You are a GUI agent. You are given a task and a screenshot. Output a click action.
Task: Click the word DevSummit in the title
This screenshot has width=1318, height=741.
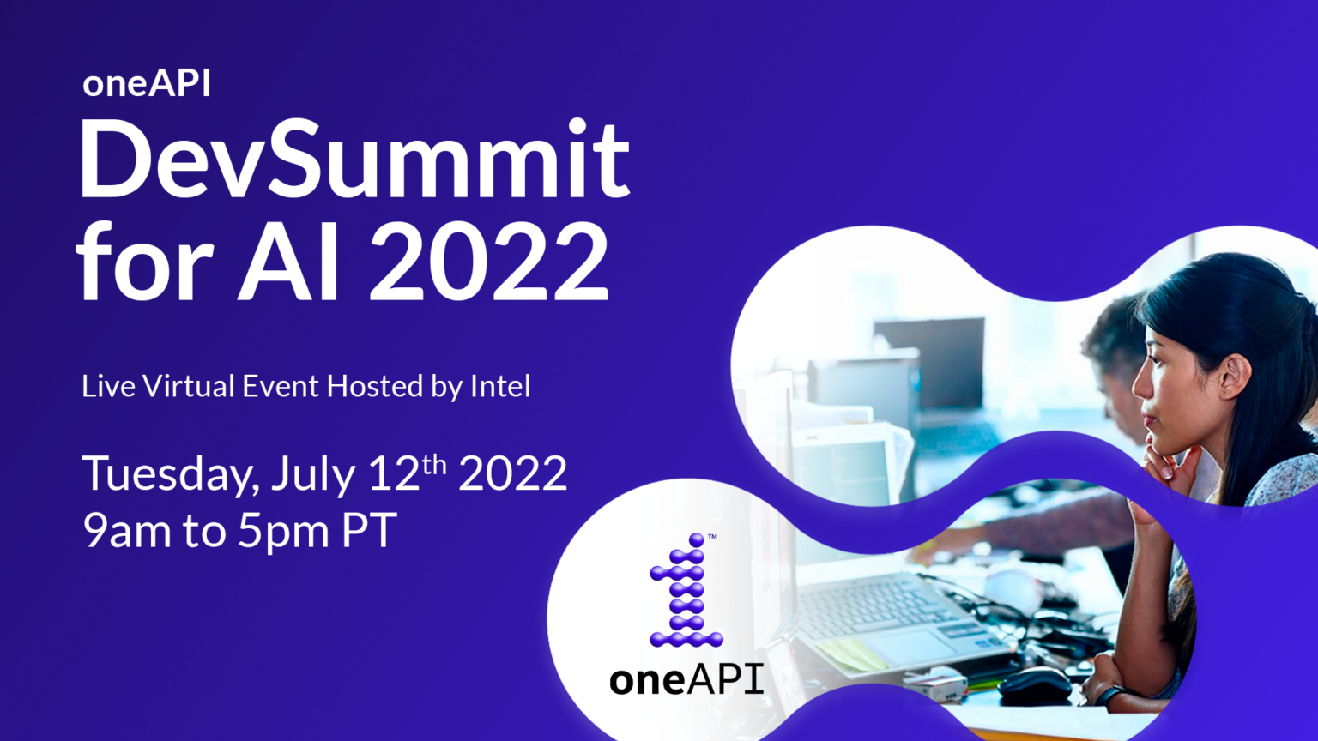click(x=354, y=160)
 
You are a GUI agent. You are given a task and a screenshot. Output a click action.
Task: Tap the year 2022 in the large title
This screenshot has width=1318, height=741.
click(x=489, y=262)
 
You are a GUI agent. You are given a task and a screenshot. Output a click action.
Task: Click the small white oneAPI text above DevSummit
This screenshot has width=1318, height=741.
click(x=147, y=84)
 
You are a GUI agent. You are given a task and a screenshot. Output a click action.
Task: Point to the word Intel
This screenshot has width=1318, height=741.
click(x=500, y=386)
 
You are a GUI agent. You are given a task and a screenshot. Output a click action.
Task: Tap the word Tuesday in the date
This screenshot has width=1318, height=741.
click(x=170, y=474)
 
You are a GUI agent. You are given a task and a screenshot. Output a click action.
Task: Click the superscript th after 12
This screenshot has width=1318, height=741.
click(x=435, y=463)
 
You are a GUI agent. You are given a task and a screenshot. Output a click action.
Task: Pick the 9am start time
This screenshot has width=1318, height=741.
click(x=127, y=531)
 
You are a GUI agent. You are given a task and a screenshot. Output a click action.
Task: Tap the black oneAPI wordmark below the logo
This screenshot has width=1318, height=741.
click(x=686, y=679)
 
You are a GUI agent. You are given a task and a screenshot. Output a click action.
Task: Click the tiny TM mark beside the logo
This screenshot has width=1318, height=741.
click(x=712, y=537)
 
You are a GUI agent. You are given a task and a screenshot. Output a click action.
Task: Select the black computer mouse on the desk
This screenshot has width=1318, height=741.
click(x=1034, y=683)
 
